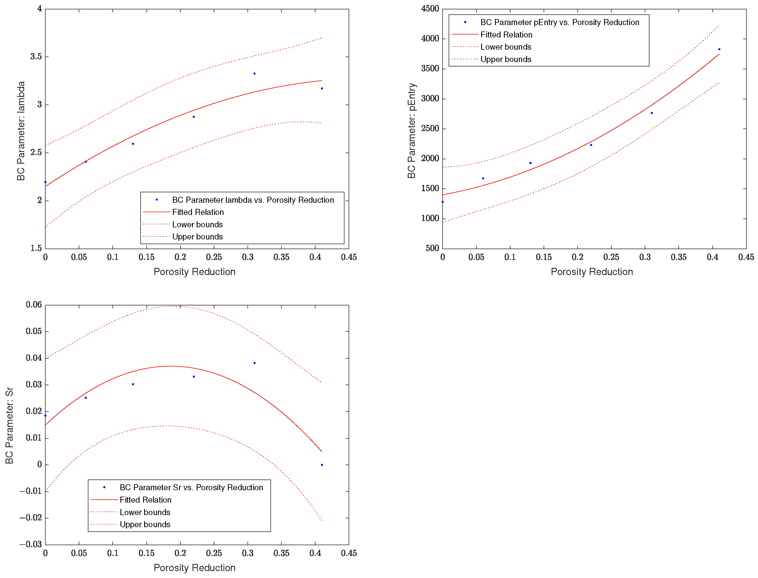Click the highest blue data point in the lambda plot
[x=254, y=74]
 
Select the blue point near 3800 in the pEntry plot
[x=719, y=49]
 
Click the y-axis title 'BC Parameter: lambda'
[x=21, y=131]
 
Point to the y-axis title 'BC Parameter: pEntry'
[x=412, y=131]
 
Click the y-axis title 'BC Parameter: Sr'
[x=9, y=426]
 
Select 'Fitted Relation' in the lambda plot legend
[x=198, y=212]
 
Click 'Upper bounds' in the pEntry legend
[x=506, y=59]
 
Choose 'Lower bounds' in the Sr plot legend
[x=145, y=512]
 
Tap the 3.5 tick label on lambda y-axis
[x=36, y=57]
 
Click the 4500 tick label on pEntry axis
[x=430, y=9]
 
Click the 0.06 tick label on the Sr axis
[x=34, y=305]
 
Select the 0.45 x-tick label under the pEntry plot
[x=746, y=257]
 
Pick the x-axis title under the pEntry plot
[x=592, y=272]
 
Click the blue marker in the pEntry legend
[x=465, y=22]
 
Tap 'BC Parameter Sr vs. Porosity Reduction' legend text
[x=191, y=488]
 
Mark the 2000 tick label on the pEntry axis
[x=430, y=158]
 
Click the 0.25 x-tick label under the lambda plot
[x=214, y=257]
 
